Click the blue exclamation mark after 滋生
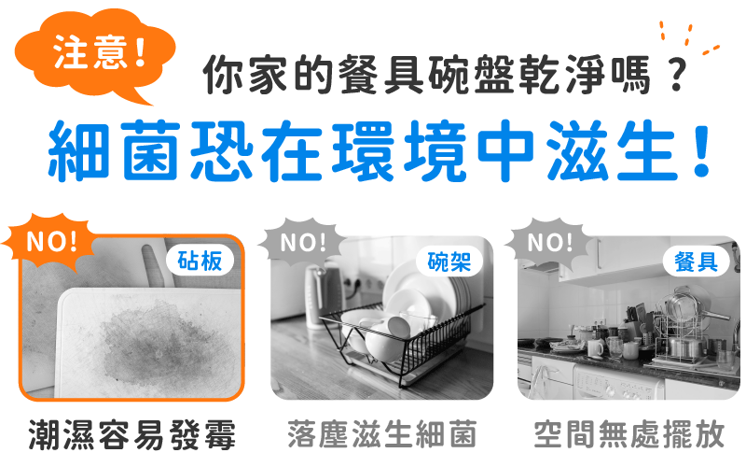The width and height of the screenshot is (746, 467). pyautogui.click(x=701, y=150)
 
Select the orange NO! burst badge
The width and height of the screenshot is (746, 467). pyautogui.click(x=50, y=241)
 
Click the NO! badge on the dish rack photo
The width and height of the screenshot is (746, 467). pyautogui.click(x=302, y=242)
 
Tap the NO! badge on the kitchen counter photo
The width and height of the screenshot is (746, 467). pyautogui.click(x=550, y=242)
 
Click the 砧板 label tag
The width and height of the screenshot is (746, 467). pyautogui.click(x=200, y=261)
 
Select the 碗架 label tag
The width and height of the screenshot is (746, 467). pyautogui.click(x=449, y=262)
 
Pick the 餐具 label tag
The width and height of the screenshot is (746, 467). pyautogui.click(x=696, y=262)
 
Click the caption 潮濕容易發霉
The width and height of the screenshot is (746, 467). pyautogui.click(x=131, y=434)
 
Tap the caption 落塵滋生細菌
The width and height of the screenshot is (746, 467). pyautogui.click(x=382, y=433)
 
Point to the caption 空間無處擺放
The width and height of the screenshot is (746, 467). pyautogui.click(x=629, y=433)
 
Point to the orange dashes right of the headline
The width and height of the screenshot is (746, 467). pyautogui.click(x=690, y=37)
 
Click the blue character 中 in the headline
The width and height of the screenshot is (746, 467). pyautogui.click(x=505, y=150)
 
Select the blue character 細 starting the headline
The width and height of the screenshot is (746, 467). pyautogui.click(x=78, y=150)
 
